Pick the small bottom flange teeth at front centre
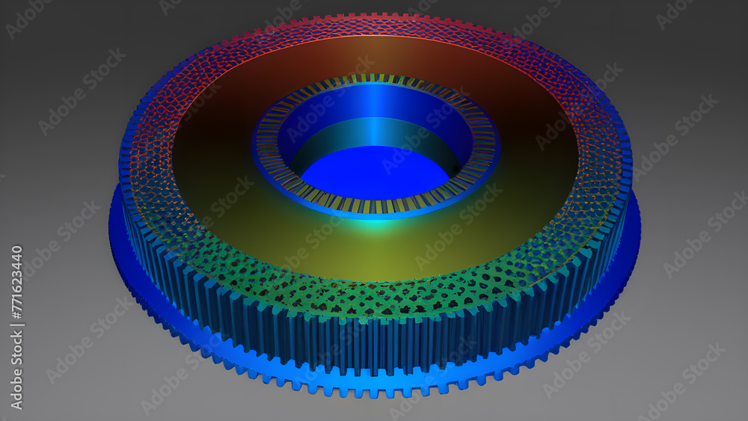(x=374, y=389)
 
